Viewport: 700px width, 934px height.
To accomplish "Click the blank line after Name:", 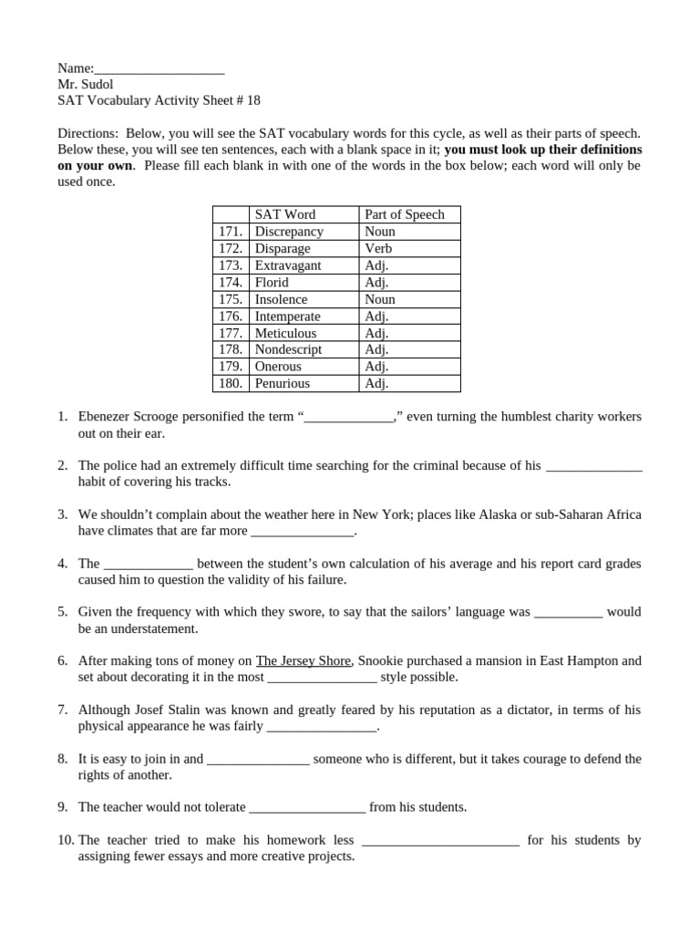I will (x=160, y=69).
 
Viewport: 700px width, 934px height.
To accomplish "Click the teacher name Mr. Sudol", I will (x=86, y=85).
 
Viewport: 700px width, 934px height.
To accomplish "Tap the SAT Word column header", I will (x=284, y=214).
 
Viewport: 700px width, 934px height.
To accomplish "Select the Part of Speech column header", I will (x=404, y=214).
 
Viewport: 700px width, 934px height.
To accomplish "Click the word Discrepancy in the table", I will (x=289, y=232).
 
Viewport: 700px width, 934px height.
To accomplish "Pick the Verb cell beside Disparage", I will (x=378, y=248).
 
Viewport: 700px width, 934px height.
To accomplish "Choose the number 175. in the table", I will (x=231, y=299).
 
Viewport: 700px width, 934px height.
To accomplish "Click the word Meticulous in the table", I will (x=285, y=333).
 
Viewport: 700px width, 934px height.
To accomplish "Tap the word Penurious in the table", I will (x=282, y=383).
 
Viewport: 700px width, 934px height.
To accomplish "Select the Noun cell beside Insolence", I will (x=379, y=299).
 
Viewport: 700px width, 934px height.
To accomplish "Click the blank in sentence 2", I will (x=593, y=466).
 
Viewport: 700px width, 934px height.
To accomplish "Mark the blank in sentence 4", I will (x=149, y=564).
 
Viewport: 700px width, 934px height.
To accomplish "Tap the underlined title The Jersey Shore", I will (x=303, y=660).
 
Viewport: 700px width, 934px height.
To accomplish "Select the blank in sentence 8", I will (x=259, y=759).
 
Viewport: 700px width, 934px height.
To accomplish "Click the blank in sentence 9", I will (x=307, y=807).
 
